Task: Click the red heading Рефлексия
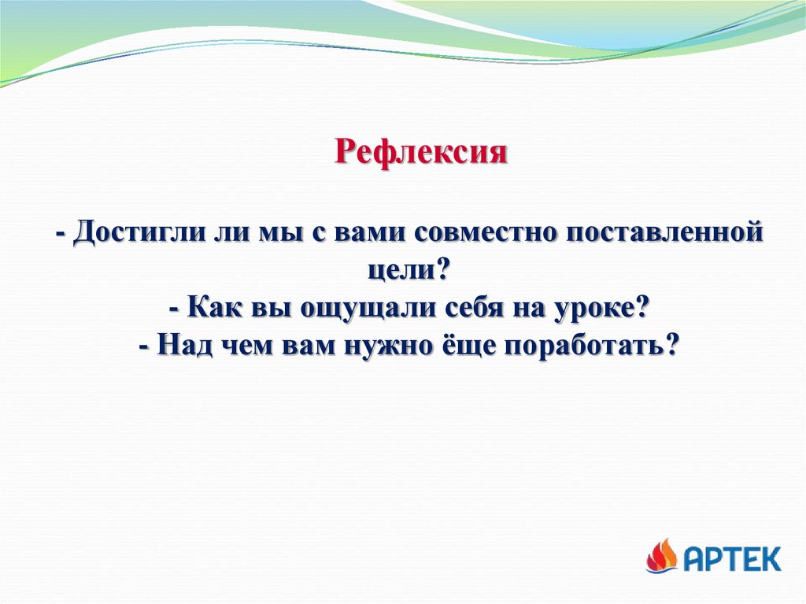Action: pos(420,152)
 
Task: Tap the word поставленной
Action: pos(664,232)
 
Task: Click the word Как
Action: pos(214,308)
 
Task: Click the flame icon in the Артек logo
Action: pos(662,556)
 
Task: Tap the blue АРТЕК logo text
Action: pos(733,558)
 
